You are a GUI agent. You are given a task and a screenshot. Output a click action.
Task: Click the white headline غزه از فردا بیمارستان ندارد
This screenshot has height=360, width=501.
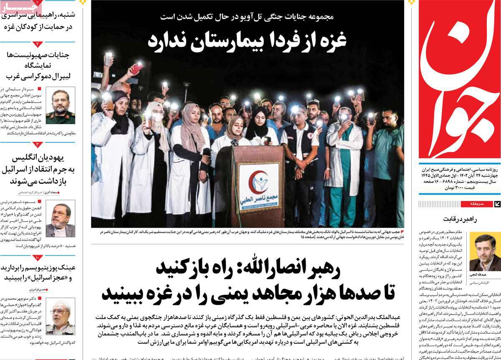247,41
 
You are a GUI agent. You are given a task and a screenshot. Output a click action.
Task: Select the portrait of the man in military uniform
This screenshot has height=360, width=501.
61,106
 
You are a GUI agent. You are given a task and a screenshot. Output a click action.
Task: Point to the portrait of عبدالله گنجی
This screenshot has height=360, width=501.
485,252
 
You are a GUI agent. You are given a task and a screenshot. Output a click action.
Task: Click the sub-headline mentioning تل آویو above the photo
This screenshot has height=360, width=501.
247,17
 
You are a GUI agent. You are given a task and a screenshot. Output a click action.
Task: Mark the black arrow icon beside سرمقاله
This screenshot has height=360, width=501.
497,204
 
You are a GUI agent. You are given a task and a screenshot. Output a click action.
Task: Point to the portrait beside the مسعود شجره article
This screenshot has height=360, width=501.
61,218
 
